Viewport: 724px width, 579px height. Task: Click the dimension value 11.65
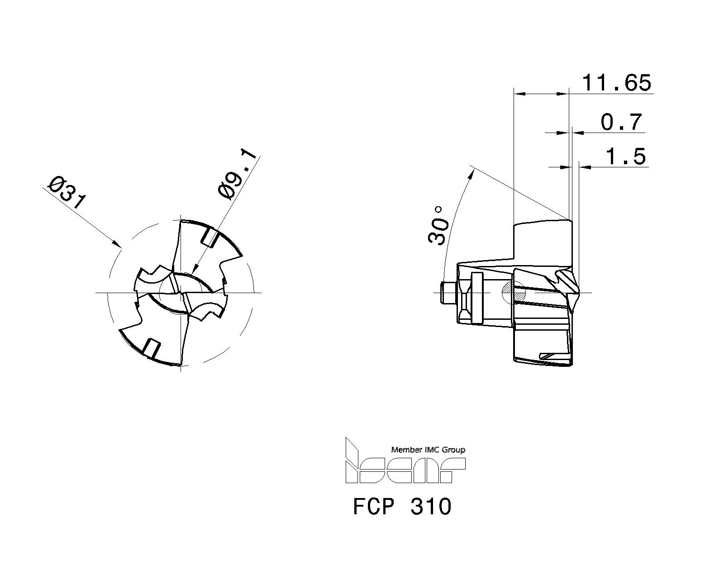click(616, 83)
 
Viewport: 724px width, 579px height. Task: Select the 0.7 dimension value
click(621, 122)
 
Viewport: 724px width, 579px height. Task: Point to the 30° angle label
click(437, 225)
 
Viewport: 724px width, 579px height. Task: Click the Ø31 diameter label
click(67, 192)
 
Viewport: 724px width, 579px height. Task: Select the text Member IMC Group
click(428, 450)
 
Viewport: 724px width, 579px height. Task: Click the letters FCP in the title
click(374, 506)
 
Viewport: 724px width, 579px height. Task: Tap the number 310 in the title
click(431, 506)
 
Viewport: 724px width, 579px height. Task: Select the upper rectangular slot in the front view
click(209, 237)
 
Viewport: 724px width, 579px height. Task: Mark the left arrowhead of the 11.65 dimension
click(519, 94)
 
